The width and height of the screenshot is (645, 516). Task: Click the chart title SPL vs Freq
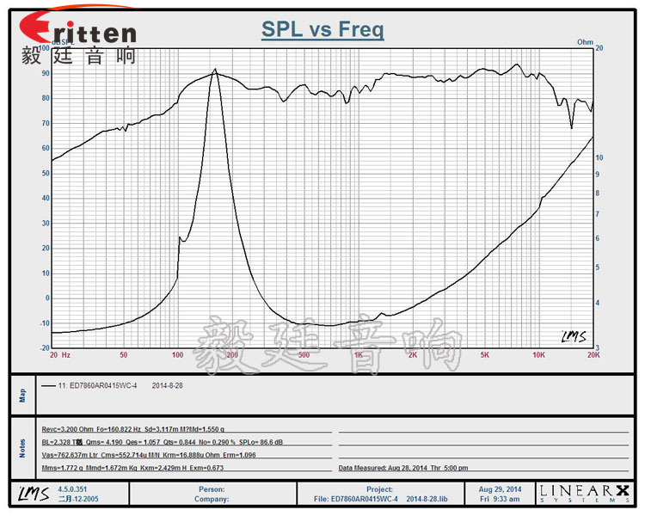pyautogui.click(x=322, y=30)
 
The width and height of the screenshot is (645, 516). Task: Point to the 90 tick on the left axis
pyautogui.click(x=46, y=73)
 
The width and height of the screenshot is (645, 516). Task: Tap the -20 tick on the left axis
pyautogui.click(x=43, y=348)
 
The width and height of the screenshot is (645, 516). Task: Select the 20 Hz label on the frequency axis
pyautogui.click(x=59, y=354)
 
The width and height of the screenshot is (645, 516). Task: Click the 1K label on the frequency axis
pyautogui.click(x=358, y=354)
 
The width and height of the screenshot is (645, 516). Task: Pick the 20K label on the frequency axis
pyautogui.click(x=592, y=354)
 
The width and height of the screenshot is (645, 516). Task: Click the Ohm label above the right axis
pyautogui.click(x=585, y=41)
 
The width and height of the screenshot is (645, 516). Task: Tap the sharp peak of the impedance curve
pyautogui.click(x=215, y=70)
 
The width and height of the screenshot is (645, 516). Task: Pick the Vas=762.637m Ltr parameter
pyautogui.click(x=77, y=454)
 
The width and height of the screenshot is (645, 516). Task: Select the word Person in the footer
pyautogui.click(x=211, y=488)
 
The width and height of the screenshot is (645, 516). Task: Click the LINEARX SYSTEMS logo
pyautogui.click(x=584, y=493)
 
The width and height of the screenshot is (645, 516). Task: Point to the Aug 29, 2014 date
pyautogui.click(x=501, y=488)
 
